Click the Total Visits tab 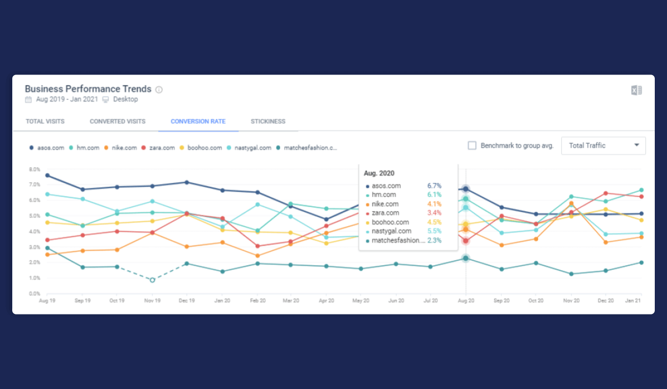click(x=45, y=121)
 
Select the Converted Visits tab click(x=117, y=121)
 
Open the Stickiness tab click(x=268, y=121)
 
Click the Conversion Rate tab click(x=198, y=121)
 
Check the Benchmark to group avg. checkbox click(x=472, y=146)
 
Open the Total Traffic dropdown click(x=604, y=146)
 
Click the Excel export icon click(x=636, y=91)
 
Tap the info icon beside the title click(x=159, y=89)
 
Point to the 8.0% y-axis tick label click(x=34, y=169)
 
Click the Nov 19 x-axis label click(x=152, y=301)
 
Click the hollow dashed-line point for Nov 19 click(x=152, y=280)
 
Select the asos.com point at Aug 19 click(x=47, y=176)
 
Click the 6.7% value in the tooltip click(x=434, y=186)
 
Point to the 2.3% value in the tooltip click(x=434, y=240)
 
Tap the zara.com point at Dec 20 click(x=606, y=193)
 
